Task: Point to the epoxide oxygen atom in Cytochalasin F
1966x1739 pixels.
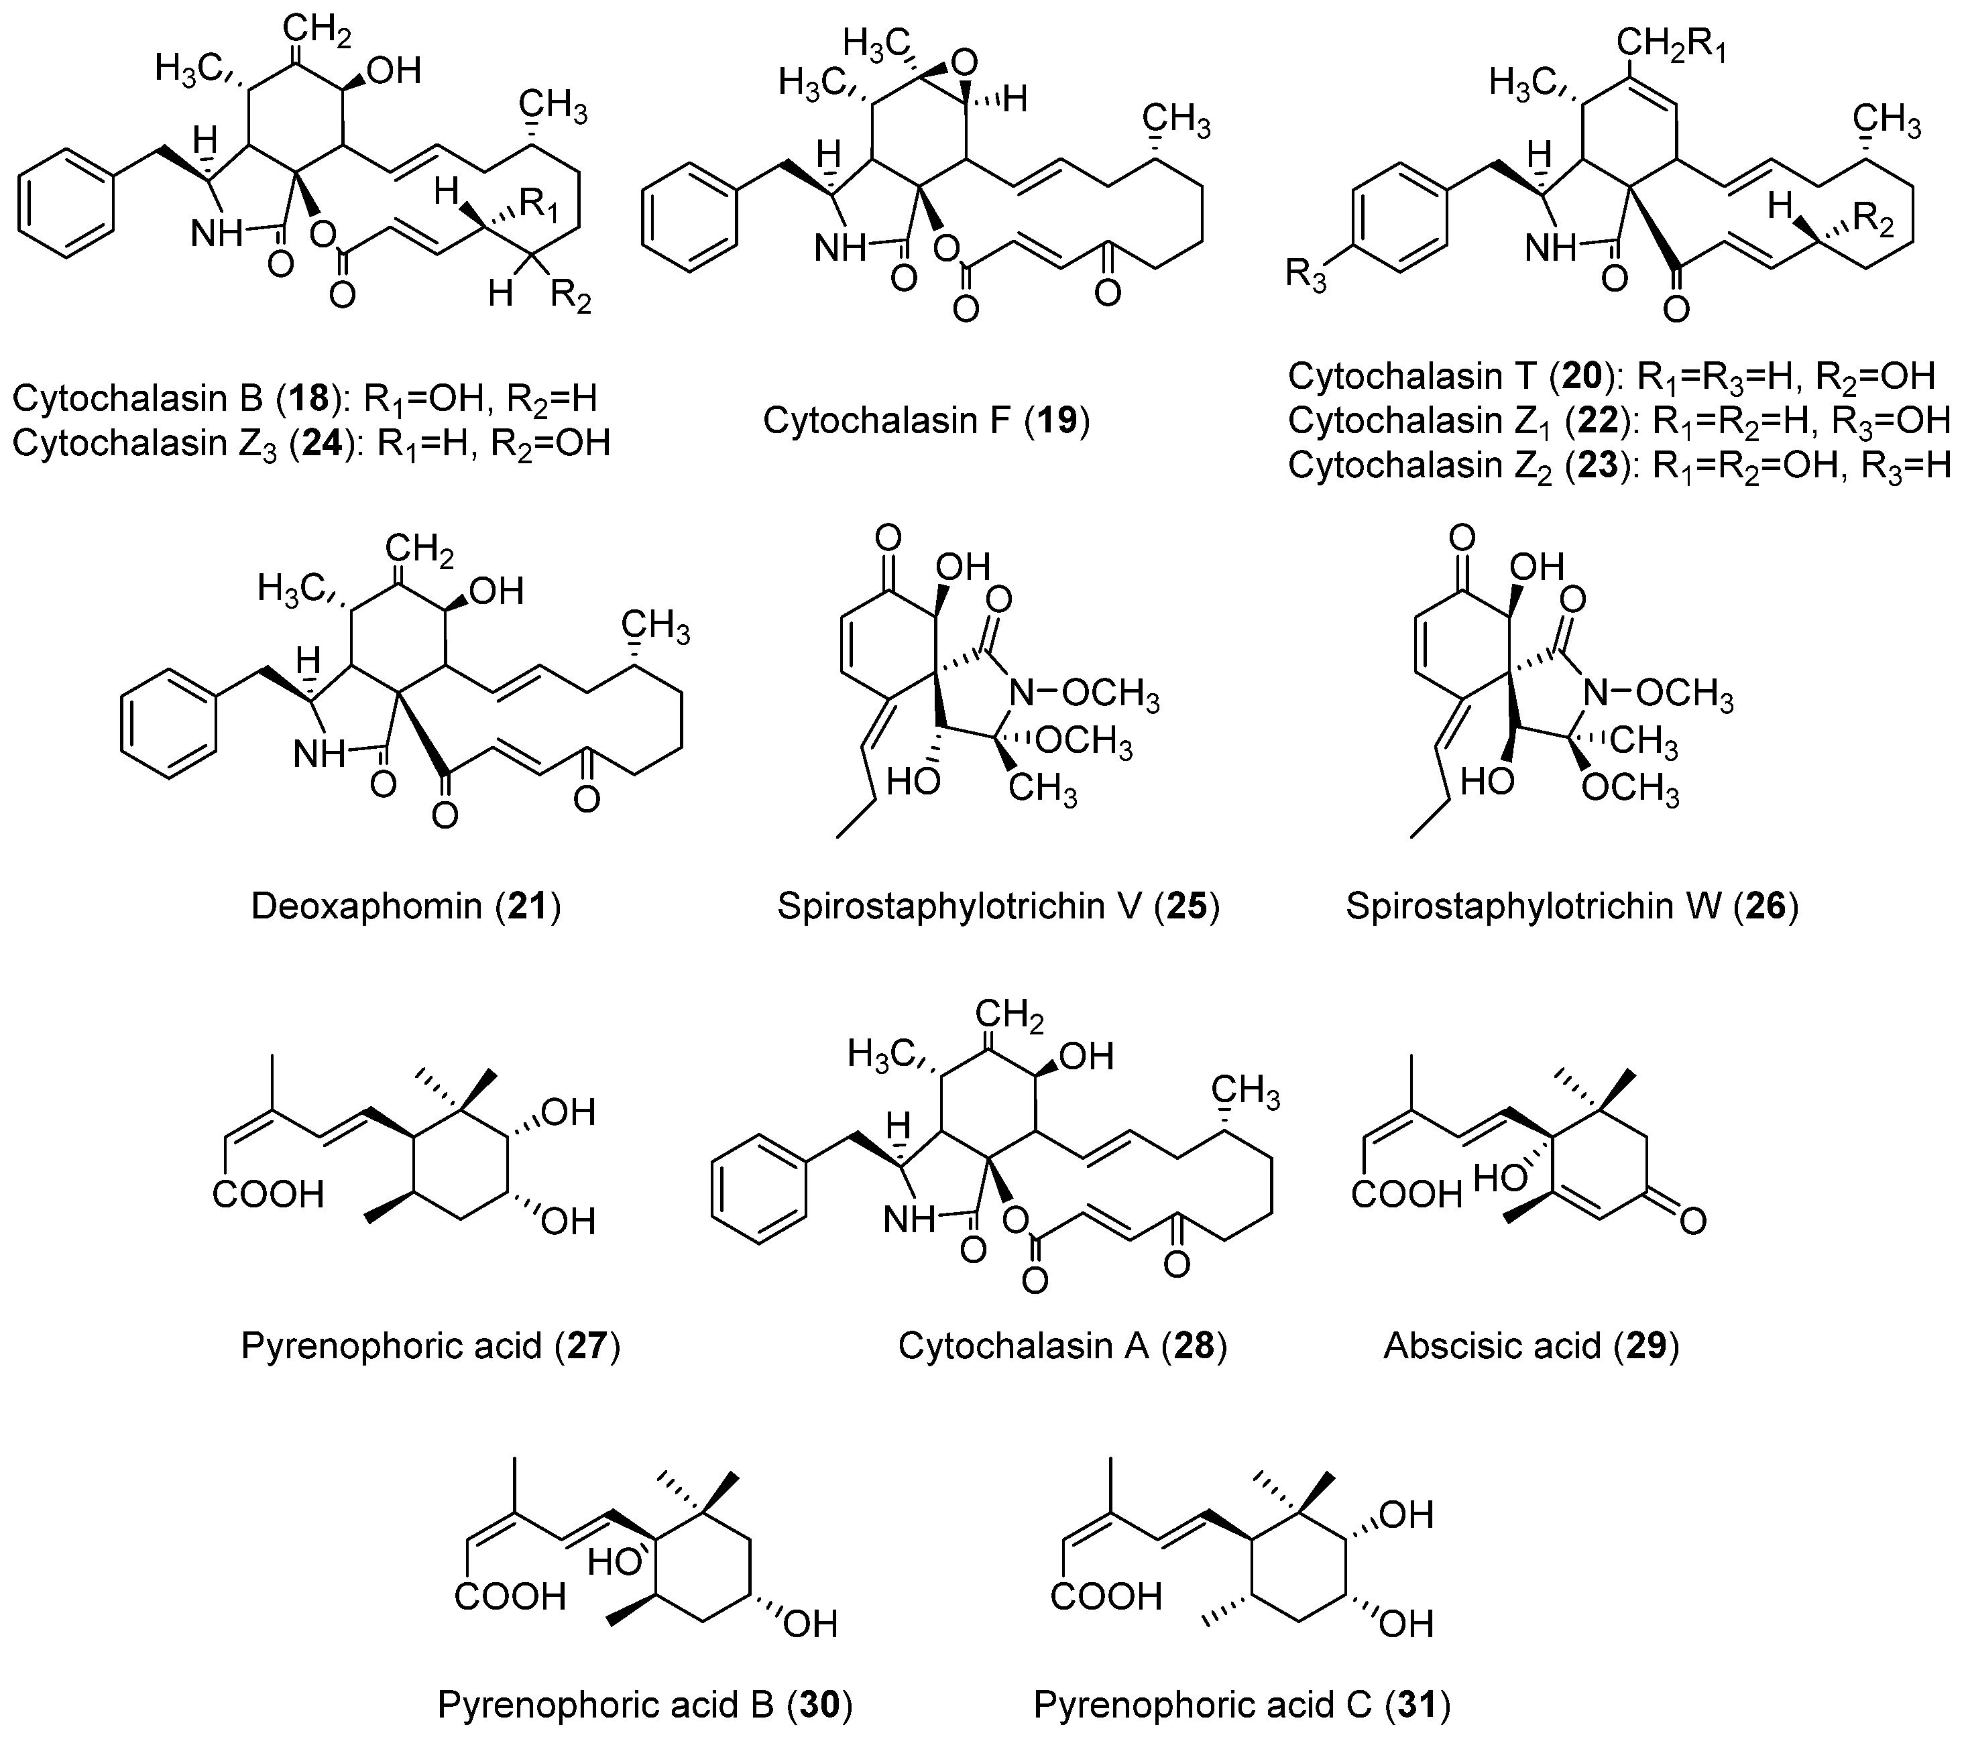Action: point(963,64)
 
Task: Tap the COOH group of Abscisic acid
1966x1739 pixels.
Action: point(1405,1195)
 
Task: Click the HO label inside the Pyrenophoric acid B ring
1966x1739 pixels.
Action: point(614,1562)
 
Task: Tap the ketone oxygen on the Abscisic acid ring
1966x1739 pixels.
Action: point(1693,1221)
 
